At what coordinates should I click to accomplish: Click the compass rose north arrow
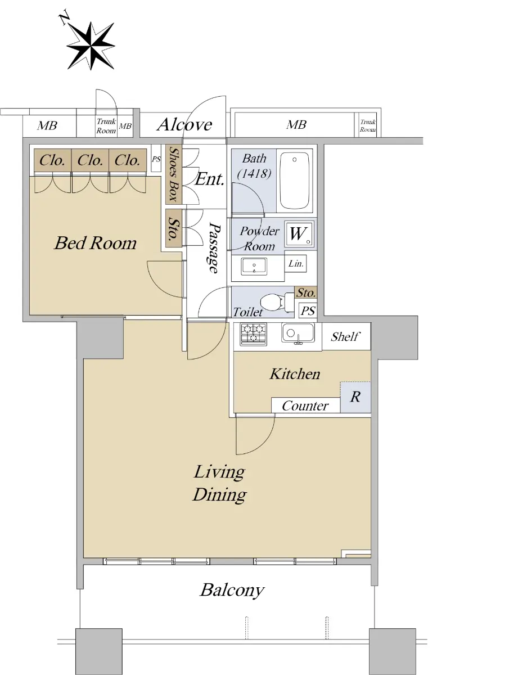tap(91, 46)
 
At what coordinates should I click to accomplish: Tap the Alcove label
tap(184, 124)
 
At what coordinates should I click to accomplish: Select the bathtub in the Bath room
tap(294, 181)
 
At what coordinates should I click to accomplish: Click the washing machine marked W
tap(299, 233)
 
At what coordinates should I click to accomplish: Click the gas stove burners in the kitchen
tap(253, 334)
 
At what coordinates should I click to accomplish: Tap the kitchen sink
tap(298, 333)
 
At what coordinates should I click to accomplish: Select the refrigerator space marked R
tap(355, 397)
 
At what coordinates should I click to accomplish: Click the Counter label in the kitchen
tap(305, 406)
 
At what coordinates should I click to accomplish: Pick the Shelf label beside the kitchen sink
tap(345, 337)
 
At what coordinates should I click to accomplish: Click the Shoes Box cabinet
tap(174, 174)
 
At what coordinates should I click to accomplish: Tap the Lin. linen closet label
tap(296, 263)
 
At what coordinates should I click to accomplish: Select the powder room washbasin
tap(254, 266)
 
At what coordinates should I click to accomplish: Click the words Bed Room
tap(95, 243)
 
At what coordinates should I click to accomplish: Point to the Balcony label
tap(232, 590)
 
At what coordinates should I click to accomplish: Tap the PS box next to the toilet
tap(308, 310)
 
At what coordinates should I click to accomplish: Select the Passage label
tap(214, 248)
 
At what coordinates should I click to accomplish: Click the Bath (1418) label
tap(254, 166)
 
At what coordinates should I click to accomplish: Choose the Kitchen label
tap(295, 374)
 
